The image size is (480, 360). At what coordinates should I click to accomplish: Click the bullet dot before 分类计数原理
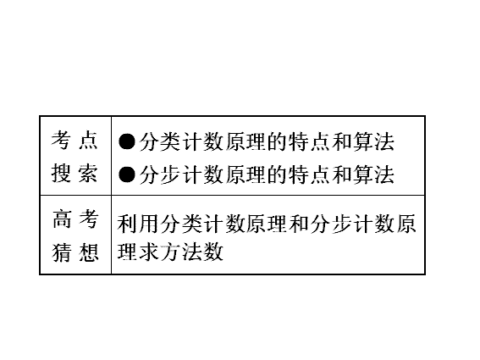[127, 141]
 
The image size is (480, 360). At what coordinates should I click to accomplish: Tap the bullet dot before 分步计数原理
[127, 174]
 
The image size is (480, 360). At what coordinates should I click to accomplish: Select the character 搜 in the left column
[61, 173]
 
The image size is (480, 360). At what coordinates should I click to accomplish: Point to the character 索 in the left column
[88, 173]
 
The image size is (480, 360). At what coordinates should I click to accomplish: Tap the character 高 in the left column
[62, 219]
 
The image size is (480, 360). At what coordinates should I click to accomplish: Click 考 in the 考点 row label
[61, 140]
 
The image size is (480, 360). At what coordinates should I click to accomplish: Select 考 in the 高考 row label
[89, 219]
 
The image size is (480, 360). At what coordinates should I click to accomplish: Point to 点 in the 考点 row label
[88, 140]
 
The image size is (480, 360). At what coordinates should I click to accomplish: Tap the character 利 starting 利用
[127, 224]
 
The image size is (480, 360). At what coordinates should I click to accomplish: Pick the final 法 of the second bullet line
[384, 174]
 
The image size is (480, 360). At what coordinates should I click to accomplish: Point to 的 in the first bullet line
[278, 141]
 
